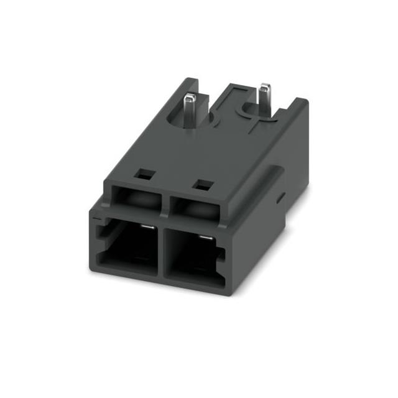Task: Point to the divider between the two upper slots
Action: pos(164,205)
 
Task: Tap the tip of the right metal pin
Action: pos(266,85)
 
